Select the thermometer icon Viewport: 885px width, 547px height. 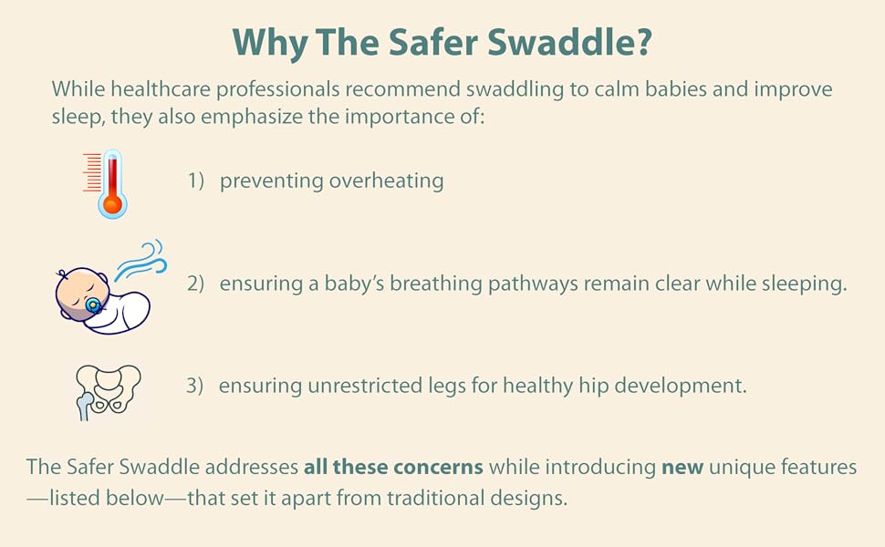coord(106,184)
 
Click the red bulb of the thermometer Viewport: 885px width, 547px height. coord(112,204)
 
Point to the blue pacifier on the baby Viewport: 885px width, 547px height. coord(94,305)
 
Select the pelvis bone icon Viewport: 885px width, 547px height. coord(109,391)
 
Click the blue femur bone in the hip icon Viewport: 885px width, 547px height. coord(85,406)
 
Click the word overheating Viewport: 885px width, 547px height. coord(386,181)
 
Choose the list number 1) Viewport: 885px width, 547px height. coord(196,181)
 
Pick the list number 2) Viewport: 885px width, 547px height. coord(195,284)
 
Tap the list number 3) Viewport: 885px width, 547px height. coord(194,386)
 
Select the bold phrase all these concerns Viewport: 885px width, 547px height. coord(393,467)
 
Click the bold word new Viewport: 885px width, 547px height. coord(682,468)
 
